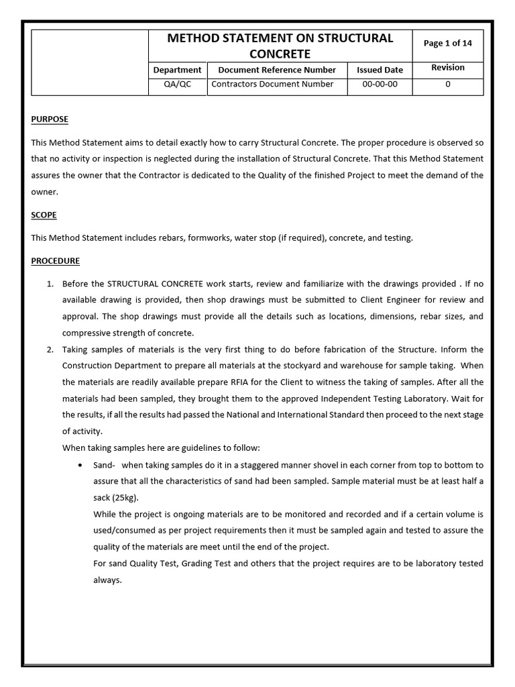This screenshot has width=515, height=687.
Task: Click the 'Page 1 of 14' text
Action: coord(447,43)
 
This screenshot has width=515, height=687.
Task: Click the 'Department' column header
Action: coord(177,70)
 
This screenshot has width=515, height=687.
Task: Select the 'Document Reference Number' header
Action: coord(277,70)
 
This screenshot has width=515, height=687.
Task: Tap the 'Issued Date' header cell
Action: coord(380,70)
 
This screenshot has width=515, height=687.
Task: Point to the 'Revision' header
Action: coord(447,68)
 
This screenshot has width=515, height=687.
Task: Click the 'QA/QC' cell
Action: coord(177,85)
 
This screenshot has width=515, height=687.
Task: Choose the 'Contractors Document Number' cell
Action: coord(272,85)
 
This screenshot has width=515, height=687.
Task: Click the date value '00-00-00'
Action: coord(380,85)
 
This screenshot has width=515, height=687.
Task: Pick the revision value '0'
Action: coord(447,85)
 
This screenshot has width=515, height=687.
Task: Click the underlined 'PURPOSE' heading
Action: coord(50,119)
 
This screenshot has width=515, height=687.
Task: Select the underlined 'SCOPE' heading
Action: coord(44,215)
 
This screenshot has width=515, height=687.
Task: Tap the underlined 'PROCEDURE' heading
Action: coord(55,261)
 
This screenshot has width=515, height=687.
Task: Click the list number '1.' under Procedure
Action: coord(50,284)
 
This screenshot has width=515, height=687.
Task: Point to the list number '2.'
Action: coord(50,350)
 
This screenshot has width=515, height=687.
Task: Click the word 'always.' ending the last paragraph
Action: coord(107,580)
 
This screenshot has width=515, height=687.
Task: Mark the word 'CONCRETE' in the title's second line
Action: coord(280,54)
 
